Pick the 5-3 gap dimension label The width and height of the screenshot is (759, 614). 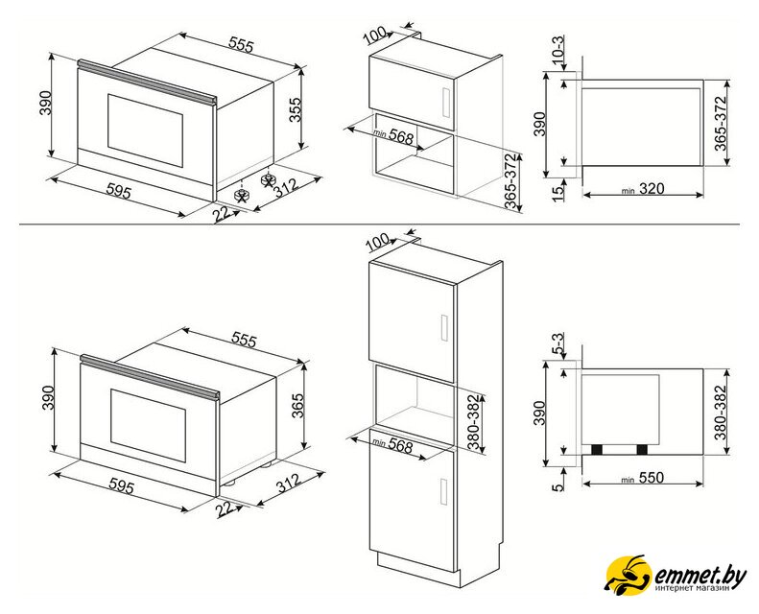click(x=558, y=344)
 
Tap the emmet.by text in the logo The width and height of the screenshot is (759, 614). click(x=700, y=575)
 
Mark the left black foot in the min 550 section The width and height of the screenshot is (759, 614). click(x=597, y=450)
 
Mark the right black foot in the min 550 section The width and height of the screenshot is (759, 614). click(x=642, y=450)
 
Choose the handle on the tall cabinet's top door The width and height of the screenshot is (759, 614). click(x=444, y=328)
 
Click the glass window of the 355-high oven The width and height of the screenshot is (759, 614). click(x=145, y=130)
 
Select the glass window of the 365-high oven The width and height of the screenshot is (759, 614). click(x=148, y=424)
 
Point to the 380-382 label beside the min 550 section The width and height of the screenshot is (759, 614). click(x=722, y=413)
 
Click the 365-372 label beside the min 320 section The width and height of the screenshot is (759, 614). click(x=722, y=124)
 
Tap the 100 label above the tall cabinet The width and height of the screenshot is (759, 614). click(x=378, y=242)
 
